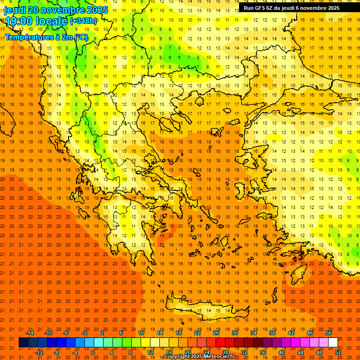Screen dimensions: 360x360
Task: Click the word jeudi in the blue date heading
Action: click(x=15, y=10)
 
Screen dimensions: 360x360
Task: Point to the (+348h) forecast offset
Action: click(x=83, y=21)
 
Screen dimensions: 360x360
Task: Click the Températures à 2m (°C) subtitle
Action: click(x=46, y=37)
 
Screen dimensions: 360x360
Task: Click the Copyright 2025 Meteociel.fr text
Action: click(x=199, y=356)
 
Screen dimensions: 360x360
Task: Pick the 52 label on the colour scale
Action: click(x=338, y=352)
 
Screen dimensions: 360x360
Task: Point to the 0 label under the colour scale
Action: click(x=93, y=352)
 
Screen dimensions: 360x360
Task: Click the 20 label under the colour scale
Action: click(x=187, y=352)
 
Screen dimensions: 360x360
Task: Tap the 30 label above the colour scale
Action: click(x=234, y=333)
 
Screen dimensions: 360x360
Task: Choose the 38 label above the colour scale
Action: click(x=272, y=333)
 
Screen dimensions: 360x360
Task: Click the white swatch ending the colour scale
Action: click(x=333, y=343)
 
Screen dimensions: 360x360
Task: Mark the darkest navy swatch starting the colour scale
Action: click(x=23, y=343)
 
